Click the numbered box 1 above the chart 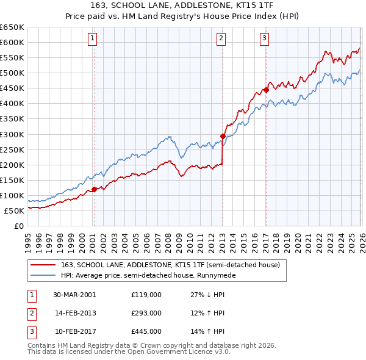click(93, 38)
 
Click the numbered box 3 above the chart click(265, 38)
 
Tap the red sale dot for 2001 click(95, 189)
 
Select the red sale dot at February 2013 click(223, 136)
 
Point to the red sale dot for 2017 click(266, 90)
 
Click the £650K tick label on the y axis click(12, 27)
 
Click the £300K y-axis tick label click(12, 134)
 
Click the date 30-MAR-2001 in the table click(74, 294)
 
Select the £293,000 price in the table click(146, 313)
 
